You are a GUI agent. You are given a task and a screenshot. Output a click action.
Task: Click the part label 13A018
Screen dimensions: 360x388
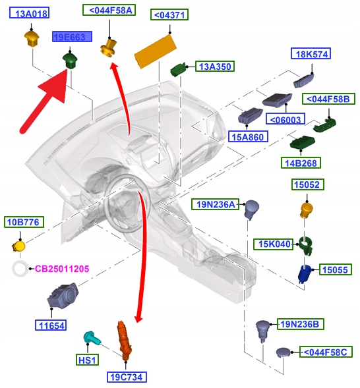pos(29,13)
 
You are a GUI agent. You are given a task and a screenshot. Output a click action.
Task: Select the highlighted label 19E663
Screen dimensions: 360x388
pos(72,37)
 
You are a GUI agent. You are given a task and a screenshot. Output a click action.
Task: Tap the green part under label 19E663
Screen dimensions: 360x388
pos(70,61)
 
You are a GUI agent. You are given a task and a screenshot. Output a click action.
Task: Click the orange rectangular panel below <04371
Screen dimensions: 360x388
pos(156,51)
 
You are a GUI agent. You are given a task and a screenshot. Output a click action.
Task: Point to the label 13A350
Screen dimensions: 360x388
pos(215,67)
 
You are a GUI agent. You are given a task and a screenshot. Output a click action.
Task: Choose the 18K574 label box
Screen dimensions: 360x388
pos(311,53)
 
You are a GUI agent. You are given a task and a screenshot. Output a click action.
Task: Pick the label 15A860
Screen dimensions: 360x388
pos(248,136)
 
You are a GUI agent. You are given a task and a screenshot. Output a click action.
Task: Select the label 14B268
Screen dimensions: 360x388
pos(301,163)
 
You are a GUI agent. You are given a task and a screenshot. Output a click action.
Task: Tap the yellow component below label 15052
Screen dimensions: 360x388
pos(307,210)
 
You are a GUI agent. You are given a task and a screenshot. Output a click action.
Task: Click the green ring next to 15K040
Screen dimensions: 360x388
pos(305,245)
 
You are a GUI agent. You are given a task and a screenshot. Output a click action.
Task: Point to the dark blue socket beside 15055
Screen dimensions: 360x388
pos(305,273)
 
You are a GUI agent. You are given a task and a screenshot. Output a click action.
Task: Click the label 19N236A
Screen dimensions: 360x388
pos(216,204)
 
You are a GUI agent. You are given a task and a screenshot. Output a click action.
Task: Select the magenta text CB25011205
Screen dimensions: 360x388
pos(62,269)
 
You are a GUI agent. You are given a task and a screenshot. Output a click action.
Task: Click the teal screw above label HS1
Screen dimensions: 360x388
pos(92,338)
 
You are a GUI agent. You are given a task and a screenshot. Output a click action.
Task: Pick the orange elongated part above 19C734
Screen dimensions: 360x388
pos(124,339)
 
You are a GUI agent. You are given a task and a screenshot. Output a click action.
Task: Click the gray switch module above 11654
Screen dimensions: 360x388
pos(63,296)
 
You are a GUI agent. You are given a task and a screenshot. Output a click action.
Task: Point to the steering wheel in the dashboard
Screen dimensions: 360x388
pos(127,204)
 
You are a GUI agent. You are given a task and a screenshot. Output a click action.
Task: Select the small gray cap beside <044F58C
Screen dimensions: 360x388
pos(283,352)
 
